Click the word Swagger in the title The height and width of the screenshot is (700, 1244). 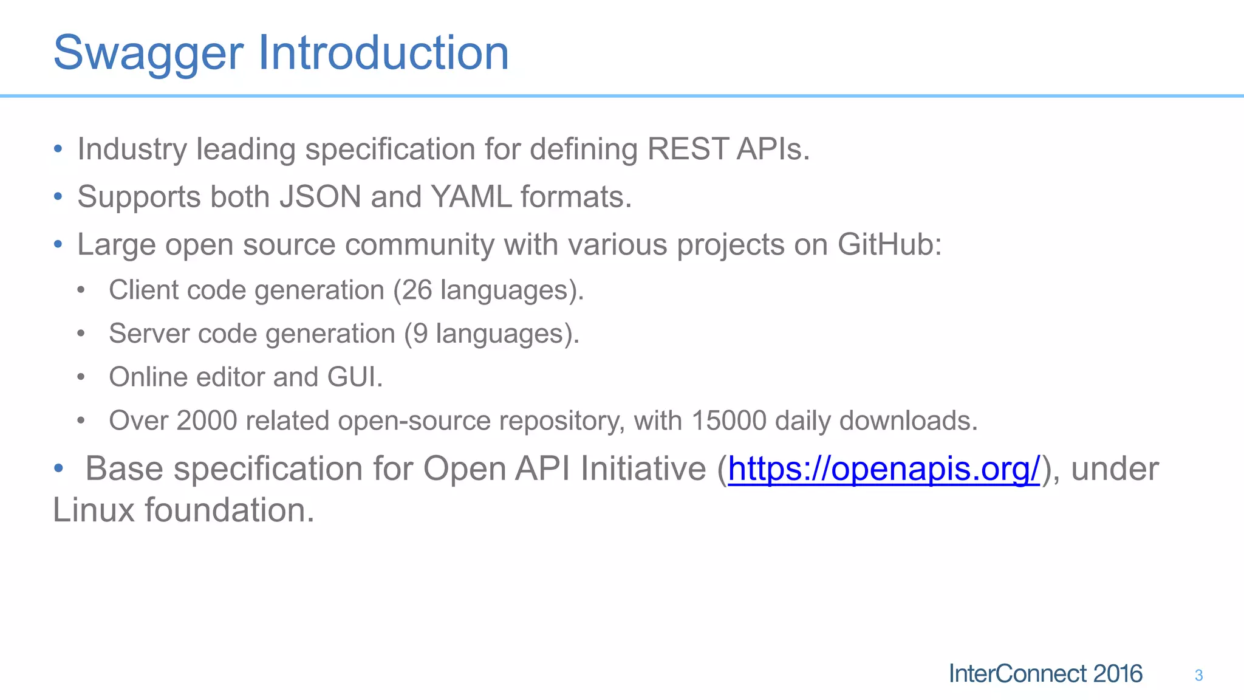[x=148, y=53]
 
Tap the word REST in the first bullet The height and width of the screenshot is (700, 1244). [x=687, y=149]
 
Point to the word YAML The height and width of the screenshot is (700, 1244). [x=471, y=197]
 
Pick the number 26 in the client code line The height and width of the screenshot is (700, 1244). [x=417, y=290]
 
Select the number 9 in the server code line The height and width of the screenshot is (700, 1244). [x=420, y=334]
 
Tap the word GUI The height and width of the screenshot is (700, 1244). [x=354, y=377]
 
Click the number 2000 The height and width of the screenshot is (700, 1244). [x=207, y=420]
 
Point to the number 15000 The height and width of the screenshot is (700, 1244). [x=728, y=420]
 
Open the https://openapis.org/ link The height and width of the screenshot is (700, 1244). [x=884, y=469]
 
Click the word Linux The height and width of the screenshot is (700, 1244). [x=94, y=510]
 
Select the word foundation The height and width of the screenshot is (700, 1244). [x=229, y=510]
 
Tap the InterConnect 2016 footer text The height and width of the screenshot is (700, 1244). [x=1045, y=674]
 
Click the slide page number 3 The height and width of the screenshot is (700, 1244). [x=1198, y=675]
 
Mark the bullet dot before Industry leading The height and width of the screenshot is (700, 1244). [x=58, y=149]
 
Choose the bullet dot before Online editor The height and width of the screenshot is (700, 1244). [x=81, y=377]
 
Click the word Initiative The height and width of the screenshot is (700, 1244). [x=643, y=469]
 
